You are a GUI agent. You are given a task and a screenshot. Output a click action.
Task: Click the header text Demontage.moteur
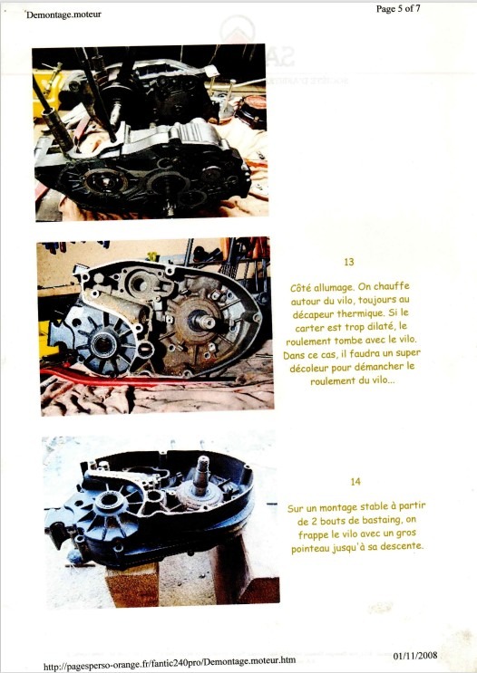click(63, 14)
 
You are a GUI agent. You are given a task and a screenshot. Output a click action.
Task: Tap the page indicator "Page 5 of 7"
click(398, 8)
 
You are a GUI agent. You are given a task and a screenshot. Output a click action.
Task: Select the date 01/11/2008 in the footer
click(415, 656)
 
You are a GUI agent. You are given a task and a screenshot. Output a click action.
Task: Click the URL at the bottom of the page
click(170, 662)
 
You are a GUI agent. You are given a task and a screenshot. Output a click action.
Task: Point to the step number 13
click(349, 262)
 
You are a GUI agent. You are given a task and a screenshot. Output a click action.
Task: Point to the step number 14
click(355, 482)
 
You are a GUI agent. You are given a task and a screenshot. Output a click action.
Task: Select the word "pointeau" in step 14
click(310, 548)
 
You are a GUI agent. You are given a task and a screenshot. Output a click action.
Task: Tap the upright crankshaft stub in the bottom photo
click(200, 475)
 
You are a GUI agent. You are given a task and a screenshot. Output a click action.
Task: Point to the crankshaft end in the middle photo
click(203, 321)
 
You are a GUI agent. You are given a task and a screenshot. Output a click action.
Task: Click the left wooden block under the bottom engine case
click(132, 584)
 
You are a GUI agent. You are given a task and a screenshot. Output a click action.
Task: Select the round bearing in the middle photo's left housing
click(102, 345)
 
